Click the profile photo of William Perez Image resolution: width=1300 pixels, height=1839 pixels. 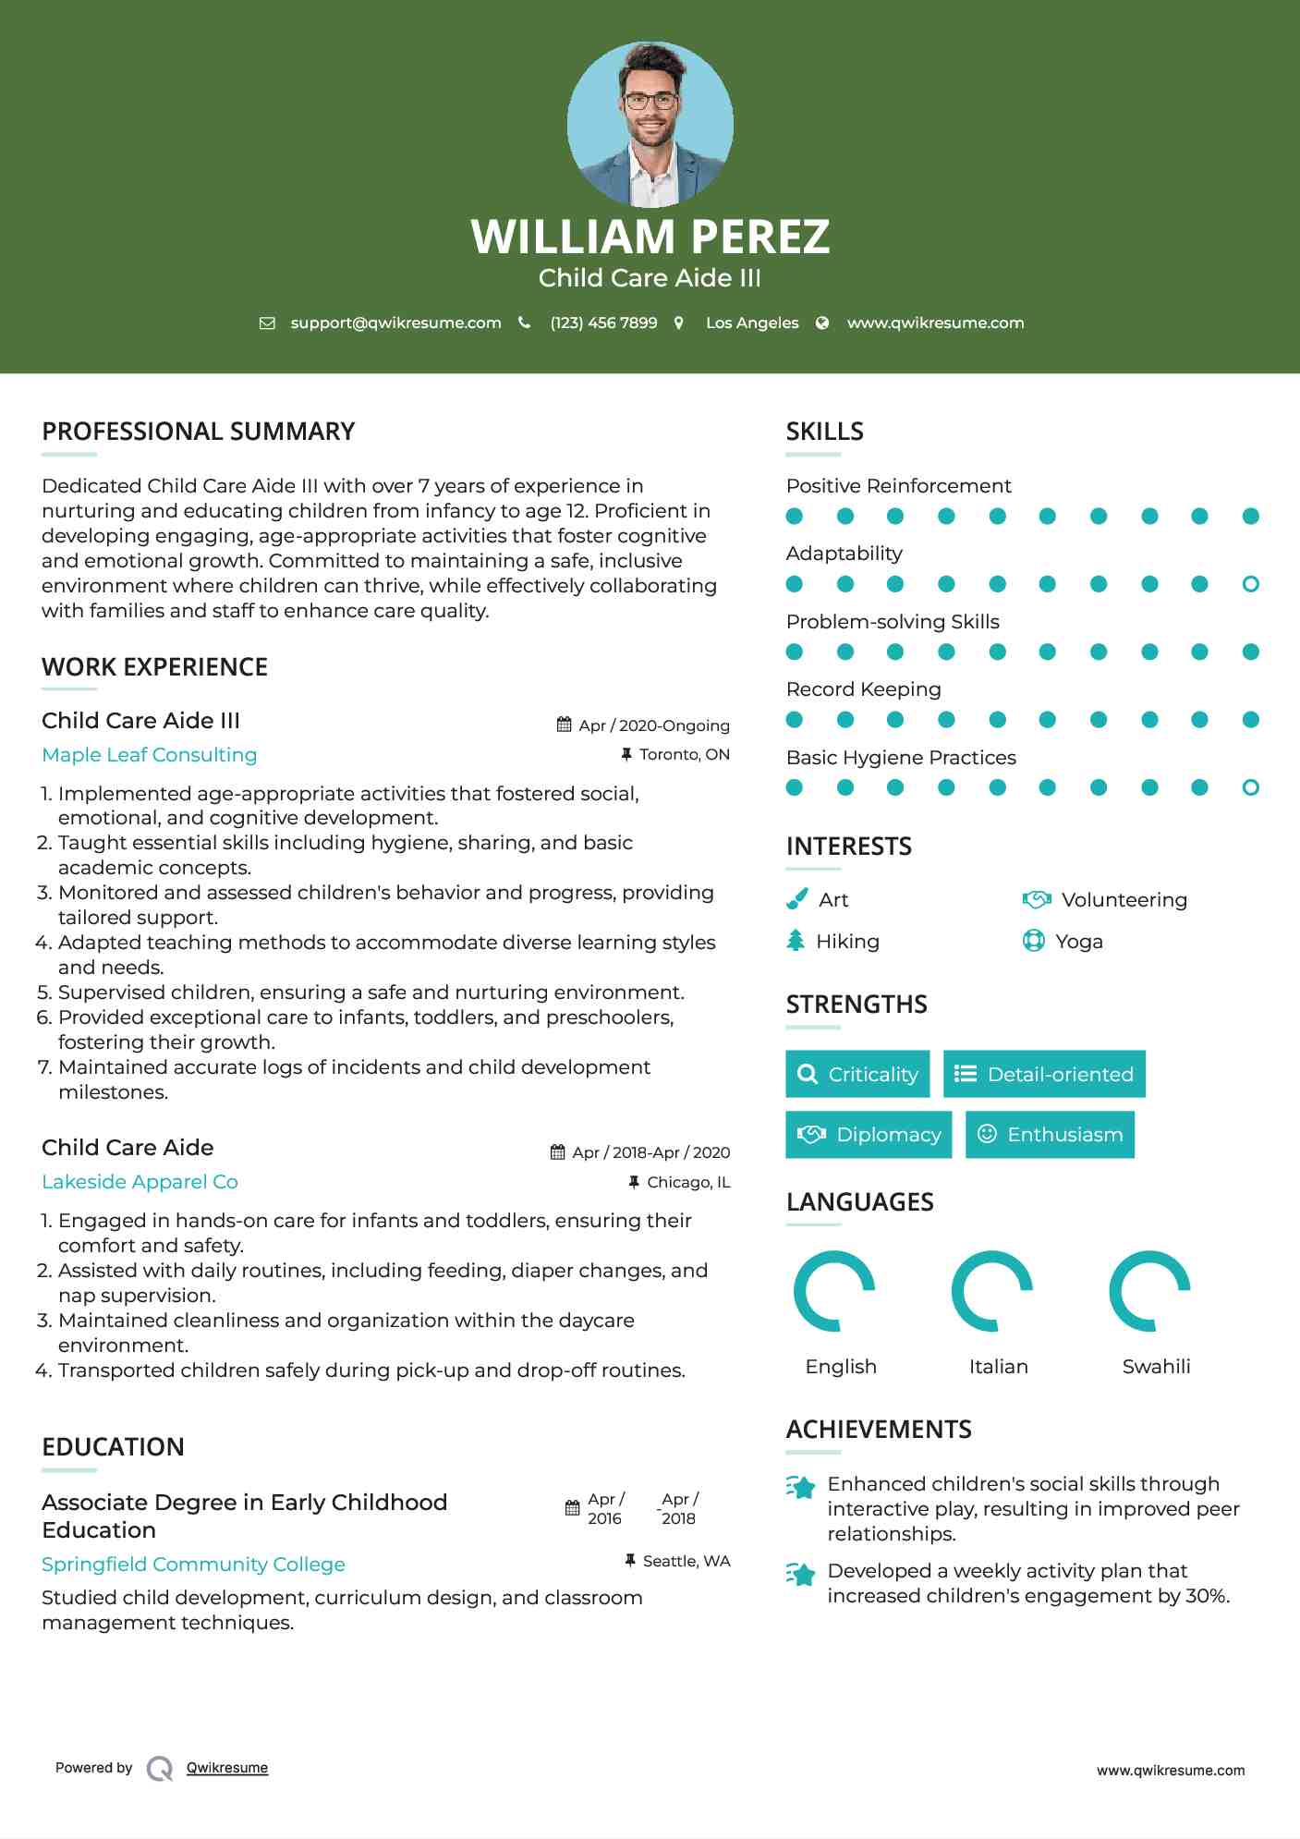pyautogui.click(x=650, y=124)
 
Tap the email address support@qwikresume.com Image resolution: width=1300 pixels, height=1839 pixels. pyautogui.click(x=395, y=323)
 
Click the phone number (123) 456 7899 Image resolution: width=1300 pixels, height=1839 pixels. pyautogui.click(x=603, y=323)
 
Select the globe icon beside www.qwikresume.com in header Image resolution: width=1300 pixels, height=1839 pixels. pyautogui.click(x=822, y=323)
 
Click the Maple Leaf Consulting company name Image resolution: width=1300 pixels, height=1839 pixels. pyautogui.click(x=150, y=755)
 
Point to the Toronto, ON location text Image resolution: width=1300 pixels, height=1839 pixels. pyautogui.click(x=684, y=754)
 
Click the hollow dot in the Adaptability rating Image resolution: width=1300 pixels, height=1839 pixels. pyautogui.click(x=1250, y=584)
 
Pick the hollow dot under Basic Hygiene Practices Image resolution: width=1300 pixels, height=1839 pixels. pyautogui.click(x=1250, y=787)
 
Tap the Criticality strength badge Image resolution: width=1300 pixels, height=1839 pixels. pyautogui.click(x=857, y=1074)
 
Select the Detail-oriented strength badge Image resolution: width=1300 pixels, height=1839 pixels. pyautogui.click(x=1044, y=1074)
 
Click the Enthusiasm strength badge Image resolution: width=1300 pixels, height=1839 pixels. pyautogui.click(x=1050, y=1134)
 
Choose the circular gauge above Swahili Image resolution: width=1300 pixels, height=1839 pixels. pyautogui.click(x=1149, y=1291)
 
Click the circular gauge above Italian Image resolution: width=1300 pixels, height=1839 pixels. pyautogui.click(x=992, y=1291)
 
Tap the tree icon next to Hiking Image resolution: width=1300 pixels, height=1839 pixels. pyautogui.click(x=796, y=941)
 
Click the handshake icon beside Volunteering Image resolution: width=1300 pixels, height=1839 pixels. pyautogui.click(x=1037, y=899)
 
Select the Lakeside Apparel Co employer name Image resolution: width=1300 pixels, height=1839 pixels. pyautogui.click(x=140, y=1182)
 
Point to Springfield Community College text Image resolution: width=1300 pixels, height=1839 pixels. pyautogui.click(x=193, y=1565)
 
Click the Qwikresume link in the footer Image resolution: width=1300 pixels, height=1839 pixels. pyautogui.click(x=227, y=1768)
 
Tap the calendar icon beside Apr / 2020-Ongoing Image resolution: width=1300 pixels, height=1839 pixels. pyautogui.click(x=564, y=725)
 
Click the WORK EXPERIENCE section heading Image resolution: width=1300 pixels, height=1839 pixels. pyautogui.click(x=154, y=667)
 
